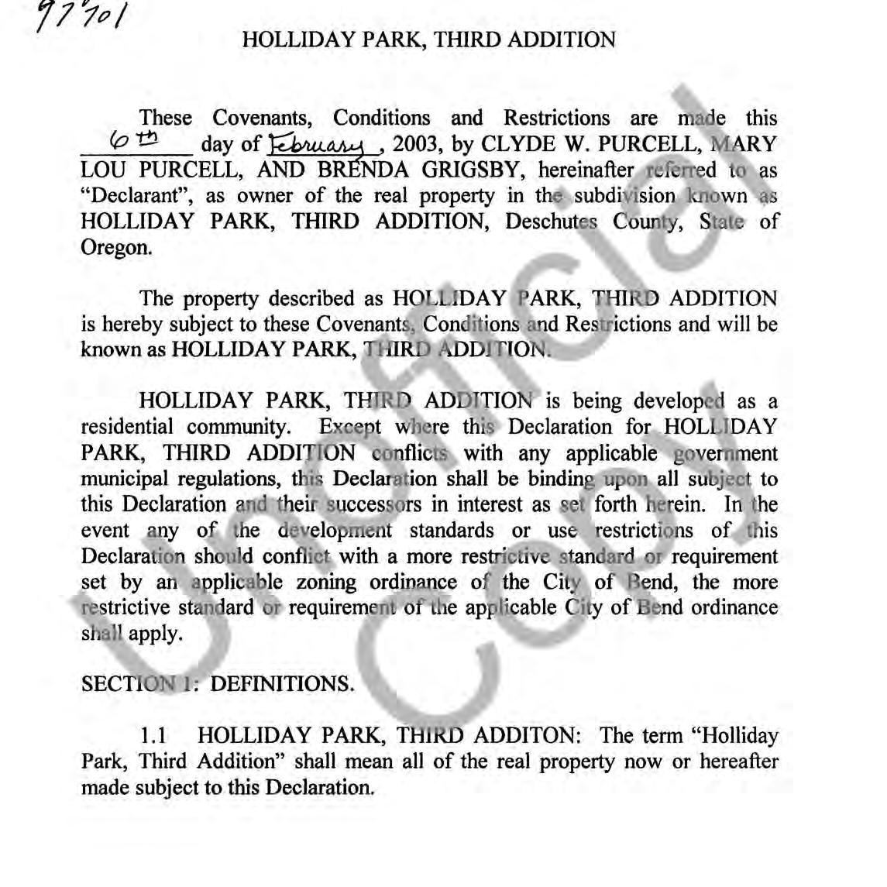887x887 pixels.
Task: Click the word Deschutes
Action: (551, 222)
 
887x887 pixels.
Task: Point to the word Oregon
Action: (115, 248)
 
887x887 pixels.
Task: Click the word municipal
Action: (127, 479)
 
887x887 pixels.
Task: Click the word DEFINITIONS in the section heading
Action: (282, 684)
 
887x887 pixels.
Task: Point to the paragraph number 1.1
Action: (154, 735)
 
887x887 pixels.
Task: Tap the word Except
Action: (350, 427)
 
